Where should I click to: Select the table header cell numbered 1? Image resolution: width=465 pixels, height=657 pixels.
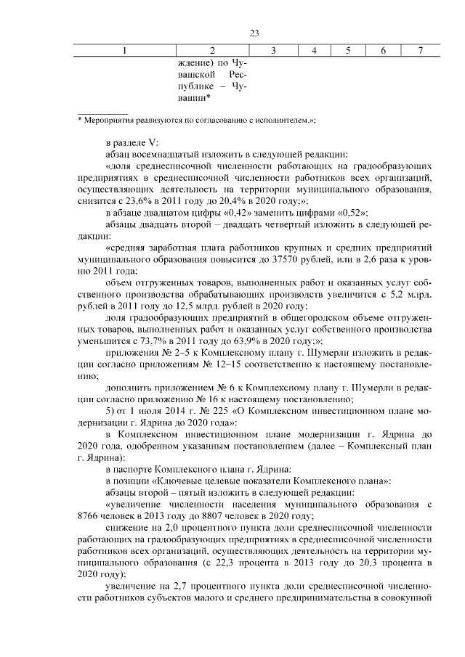click(x=124, y=51)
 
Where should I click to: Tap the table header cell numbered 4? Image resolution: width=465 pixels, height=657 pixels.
click(x=314, y=51)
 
